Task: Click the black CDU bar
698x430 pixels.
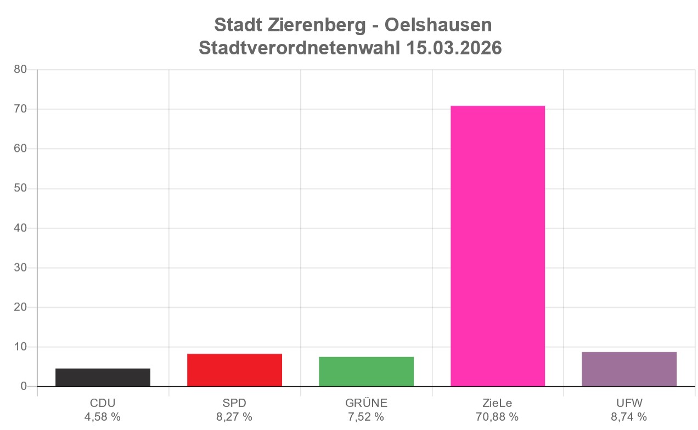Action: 103,377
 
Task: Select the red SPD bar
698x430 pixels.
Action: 234,370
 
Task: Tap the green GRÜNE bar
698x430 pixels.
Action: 366,371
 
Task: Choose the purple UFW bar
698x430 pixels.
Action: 629,369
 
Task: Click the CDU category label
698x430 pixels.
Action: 103,403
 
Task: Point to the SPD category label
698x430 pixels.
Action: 234,403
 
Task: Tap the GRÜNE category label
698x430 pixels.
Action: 366,403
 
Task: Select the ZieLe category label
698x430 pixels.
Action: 498,403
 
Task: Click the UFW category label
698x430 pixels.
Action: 629,403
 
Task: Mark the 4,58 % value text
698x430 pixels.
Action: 103,417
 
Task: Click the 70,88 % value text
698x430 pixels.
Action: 498,417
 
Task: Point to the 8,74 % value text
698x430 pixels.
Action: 629,417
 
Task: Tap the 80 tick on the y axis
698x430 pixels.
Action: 20,70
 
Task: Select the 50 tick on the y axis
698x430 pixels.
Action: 20,189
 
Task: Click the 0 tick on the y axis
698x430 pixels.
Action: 24,387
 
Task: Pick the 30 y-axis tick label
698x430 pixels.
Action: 20,268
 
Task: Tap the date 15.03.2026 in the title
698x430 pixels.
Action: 454,48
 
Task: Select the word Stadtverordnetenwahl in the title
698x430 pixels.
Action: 300,48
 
